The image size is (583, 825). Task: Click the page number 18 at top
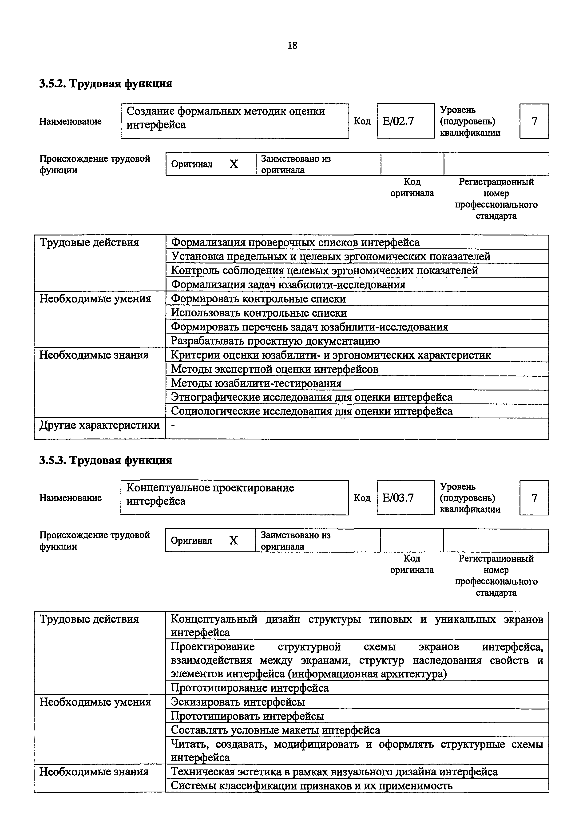coord(292,46)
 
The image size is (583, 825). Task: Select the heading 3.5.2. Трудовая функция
coord(105,84)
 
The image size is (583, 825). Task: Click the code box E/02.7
coord(405,121)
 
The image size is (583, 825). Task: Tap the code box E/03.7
coord(405,498)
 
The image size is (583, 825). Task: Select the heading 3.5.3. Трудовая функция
coord(105,460)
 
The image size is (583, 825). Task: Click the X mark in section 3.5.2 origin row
coord(234,164)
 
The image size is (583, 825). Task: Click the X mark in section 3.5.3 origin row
coord(234,541)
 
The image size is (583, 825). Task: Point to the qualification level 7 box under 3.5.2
coord(534,121)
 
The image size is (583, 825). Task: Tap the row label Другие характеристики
coord(99,425)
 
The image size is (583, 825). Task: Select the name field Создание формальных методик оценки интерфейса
coord(234,121)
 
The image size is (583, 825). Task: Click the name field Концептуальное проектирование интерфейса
coord(234,498)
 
